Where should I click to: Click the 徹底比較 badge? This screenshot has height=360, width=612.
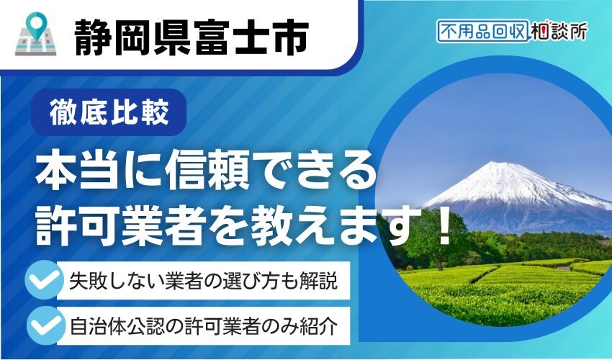(109, 112)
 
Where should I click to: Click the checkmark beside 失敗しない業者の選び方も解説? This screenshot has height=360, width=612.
(44, 279)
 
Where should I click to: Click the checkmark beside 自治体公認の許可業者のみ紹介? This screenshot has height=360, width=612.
(44, 325)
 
